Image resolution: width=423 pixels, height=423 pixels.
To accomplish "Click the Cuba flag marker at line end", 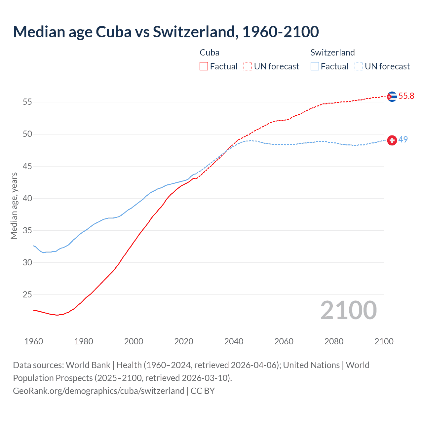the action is (x=392, y=96).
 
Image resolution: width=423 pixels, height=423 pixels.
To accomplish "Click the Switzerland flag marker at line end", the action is (x=392, y=140).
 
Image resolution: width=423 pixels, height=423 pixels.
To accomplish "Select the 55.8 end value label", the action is (x=406, y=96).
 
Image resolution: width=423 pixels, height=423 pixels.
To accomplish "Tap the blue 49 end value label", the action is (x=403, y=139).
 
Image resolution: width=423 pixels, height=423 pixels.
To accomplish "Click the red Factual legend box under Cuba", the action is (x=204, y=66).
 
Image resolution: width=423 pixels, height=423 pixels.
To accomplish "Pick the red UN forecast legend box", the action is (x=248, y=66).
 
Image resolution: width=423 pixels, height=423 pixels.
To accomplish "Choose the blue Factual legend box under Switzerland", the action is (x=315, y=66).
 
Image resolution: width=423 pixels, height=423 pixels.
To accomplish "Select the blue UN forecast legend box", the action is (x=359, y=66).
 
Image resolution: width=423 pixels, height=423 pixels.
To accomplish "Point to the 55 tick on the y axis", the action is (x=27, y=102).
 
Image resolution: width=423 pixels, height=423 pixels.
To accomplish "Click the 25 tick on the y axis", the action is (x=27, y=295).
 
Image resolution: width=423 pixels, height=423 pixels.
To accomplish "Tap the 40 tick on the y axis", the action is (x=27, y=199).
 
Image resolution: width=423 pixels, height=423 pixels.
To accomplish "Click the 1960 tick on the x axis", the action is (x=34, y=341).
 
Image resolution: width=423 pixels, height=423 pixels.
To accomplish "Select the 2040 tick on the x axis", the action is (x=234, y=341).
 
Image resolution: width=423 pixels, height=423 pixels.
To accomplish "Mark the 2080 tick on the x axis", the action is (x=334, y=341).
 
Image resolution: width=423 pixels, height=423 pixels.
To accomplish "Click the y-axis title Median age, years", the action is (x=14, y=206).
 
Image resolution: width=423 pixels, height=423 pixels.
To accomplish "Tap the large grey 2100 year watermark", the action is (x=348, y=310).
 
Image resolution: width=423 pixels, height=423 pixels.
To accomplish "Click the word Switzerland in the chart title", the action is (x=194, y=32).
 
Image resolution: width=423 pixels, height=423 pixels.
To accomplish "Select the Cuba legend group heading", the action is (x=210, y=53).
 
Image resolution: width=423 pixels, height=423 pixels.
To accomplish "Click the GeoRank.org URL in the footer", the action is (x=98, y=391).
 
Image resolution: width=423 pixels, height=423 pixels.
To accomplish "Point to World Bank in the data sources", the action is (x=88, y=365).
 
